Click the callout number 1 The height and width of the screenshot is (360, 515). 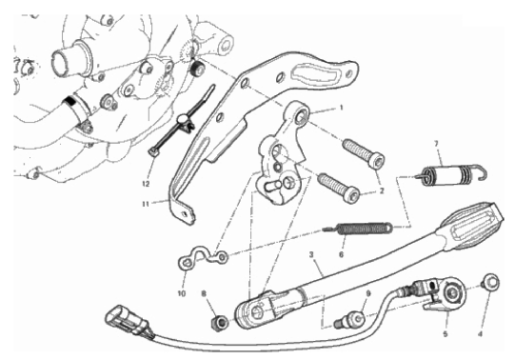click(x=341, y=108)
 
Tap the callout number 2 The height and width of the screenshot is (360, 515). click(x=382, y=190)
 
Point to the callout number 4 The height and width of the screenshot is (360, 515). click(x=480, y=334)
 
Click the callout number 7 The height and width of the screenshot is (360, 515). click(x=436, y=144)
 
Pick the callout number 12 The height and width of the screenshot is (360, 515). click(x=146, y=184)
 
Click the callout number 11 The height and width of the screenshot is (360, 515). click(x=146, y=204)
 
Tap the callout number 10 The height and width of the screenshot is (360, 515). click(x=182, y=293)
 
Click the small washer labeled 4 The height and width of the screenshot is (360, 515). click(x=490, y=281)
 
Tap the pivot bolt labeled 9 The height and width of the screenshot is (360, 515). click(x=349, y=319)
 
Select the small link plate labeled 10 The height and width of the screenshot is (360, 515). click(x=203, y=257)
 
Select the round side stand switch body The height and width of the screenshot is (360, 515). click(x=453, y=290)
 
